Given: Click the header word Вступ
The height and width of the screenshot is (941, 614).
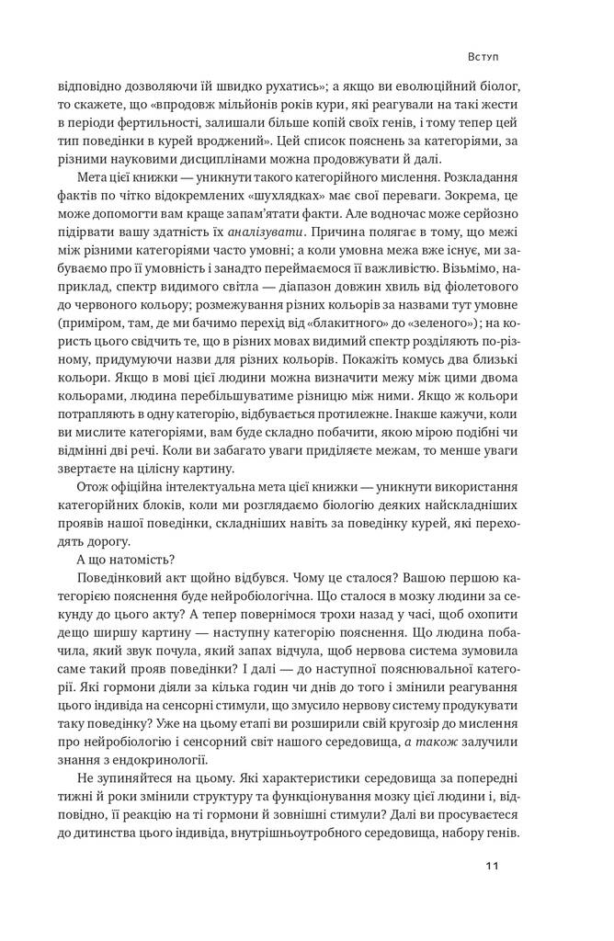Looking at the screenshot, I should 482,56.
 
